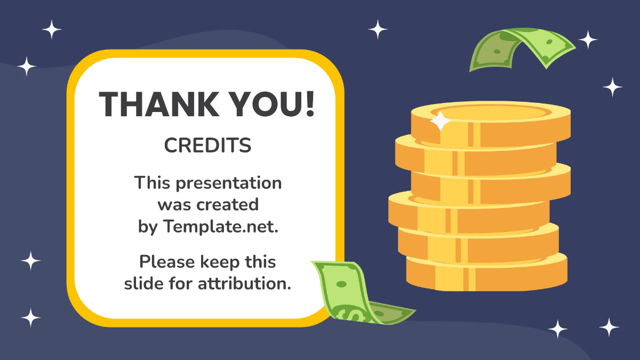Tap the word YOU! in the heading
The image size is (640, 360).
271,104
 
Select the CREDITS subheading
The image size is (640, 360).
207,145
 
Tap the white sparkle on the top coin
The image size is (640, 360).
441,122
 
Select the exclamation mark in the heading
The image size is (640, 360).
309,104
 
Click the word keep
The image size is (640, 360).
221,262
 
